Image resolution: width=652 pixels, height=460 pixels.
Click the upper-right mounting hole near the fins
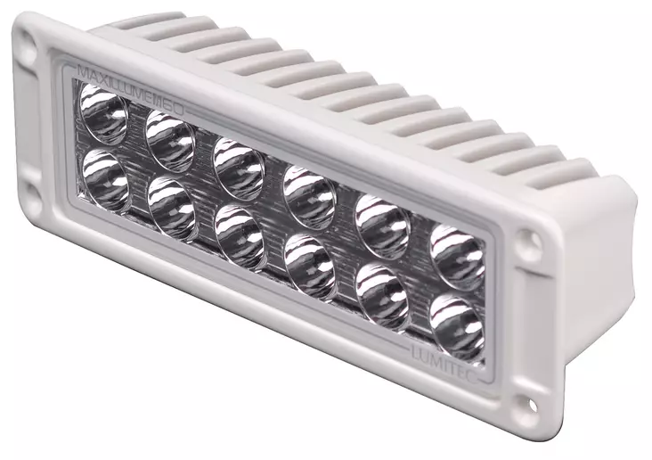coord(530,240)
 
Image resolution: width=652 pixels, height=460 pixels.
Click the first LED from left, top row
coord(104,114)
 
